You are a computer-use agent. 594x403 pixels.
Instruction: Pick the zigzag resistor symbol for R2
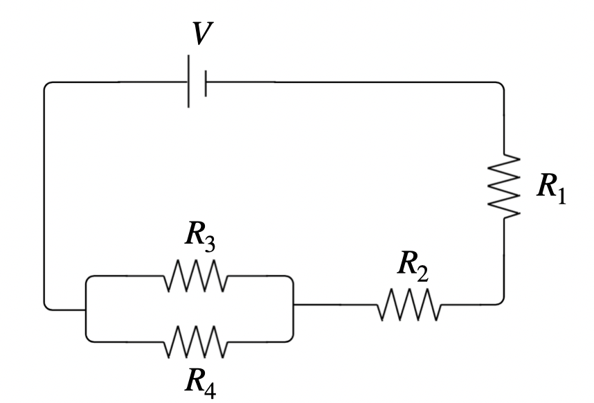(x=408, y=305)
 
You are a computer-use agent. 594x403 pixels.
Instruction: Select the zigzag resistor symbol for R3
(x=195, y=276)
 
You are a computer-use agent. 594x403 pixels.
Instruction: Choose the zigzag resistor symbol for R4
(x=195, y=341)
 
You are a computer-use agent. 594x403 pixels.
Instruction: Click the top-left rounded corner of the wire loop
(x=47, y=86)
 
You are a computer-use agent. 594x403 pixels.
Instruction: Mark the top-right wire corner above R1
(x=500, y=86)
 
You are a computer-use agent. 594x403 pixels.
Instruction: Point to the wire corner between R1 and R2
(x=500, y=301)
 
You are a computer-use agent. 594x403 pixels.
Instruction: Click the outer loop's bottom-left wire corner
(x=47, y=305)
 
